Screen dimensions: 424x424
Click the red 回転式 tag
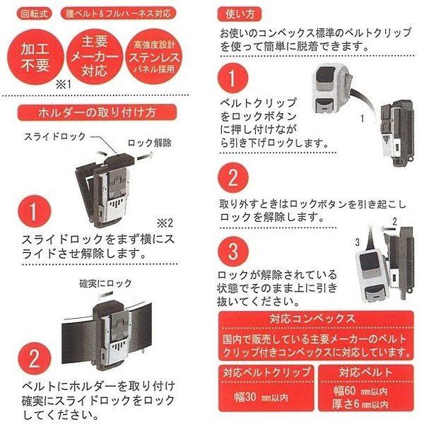35,13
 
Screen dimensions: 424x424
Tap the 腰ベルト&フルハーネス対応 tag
118,13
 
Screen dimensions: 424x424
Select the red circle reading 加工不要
35,57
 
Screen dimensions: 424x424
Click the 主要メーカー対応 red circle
95,57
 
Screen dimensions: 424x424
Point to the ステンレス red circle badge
154,57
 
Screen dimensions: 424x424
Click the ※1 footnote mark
64,85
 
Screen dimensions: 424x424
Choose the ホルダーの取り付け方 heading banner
97,112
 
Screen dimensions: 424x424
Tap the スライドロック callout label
55,136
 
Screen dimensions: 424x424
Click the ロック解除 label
149,143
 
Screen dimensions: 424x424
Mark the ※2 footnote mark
165,223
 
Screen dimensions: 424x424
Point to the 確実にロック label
105,283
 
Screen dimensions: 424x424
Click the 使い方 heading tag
240,14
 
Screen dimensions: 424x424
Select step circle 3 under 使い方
232,252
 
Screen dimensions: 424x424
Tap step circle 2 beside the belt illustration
34,358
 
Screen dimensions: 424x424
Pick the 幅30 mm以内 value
261,397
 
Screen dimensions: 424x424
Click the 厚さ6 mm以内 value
360,404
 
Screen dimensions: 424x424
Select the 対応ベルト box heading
365,372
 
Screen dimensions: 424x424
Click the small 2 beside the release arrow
395,222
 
